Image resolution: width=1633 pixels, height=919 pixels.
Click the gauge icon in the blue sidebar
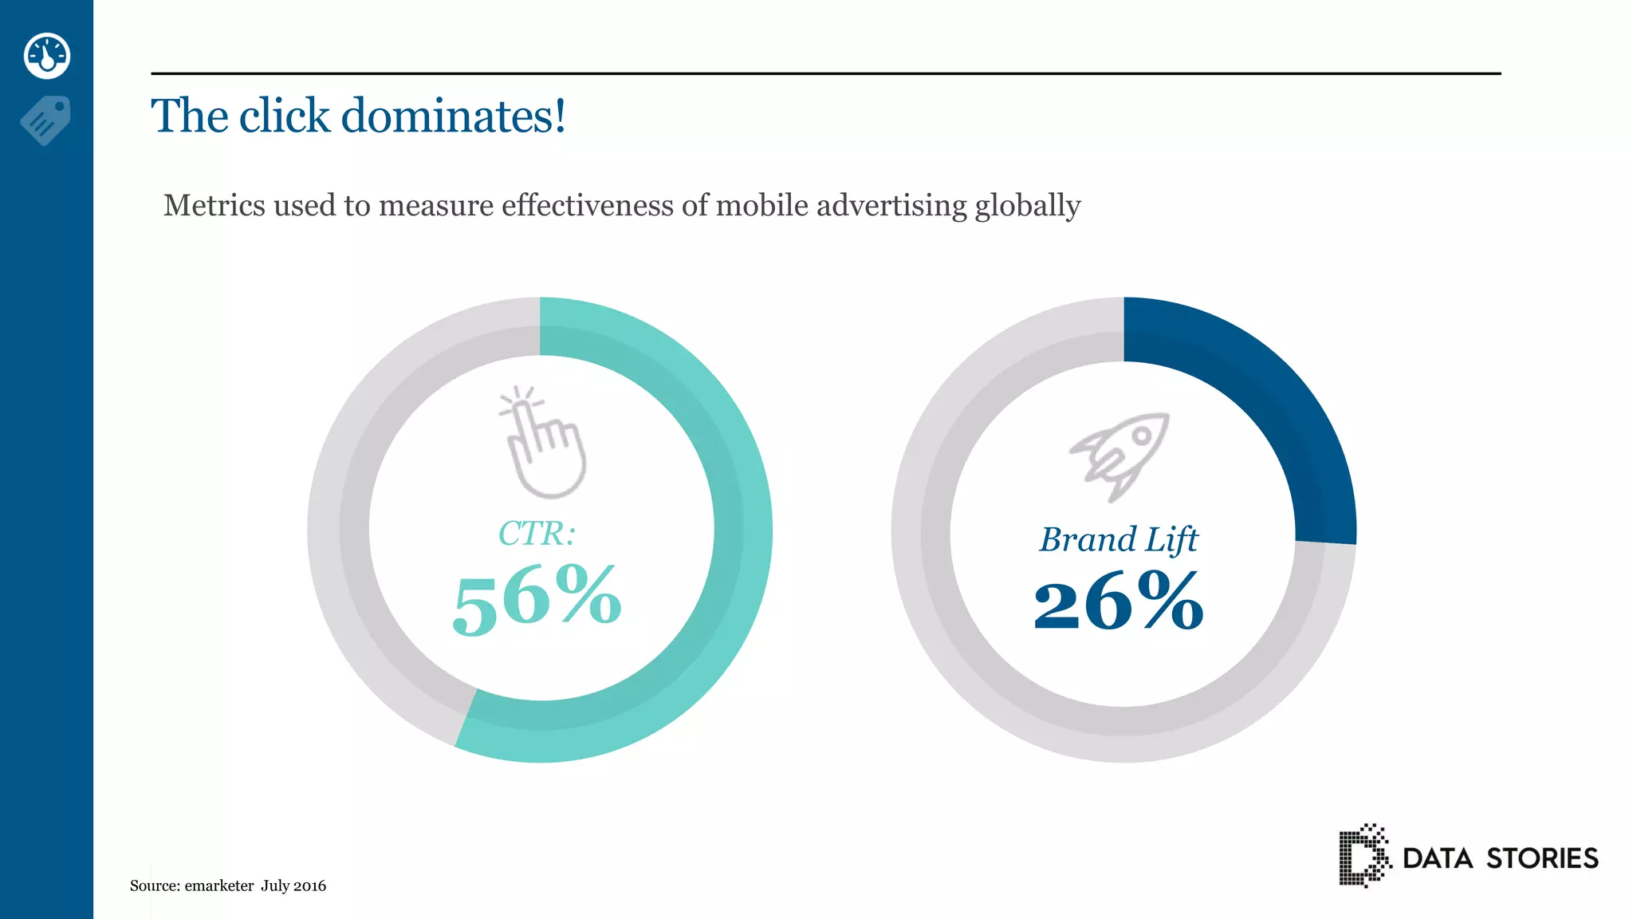tap(47, 56)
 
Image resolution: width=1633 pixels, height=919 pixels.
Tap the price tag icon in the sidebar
tap(45, 120)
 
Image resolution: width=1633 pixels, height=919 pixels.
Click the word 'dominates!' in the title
tap(454, 116)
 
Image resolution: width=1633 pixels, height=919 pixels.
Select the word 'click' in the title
tap(284, 116)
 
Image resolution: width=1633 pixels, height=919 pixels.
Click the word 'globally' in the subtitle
tap(1028, 206)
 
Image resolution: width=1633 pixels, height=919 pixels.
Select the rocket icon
tap(1120, 456)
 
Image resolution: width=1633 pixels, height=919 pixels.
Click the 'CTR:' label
tap(537, 534)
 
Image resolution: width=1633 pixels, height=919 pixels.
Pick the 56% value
tap(537, 599)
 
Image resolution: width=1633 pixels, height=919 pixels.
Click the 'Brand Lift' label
tap(1118, 540)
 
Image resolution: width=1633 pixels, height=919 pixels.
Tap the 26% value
tap(1118, 602)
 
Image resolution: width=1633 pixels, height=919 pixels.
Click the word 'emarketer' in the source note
tap(219, 885)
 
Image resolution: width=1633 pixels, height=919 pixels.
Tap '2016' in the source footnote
tap(310, 885)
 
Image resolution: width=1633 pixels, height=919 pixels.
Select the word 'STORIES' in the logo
tap(1542, 858)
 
